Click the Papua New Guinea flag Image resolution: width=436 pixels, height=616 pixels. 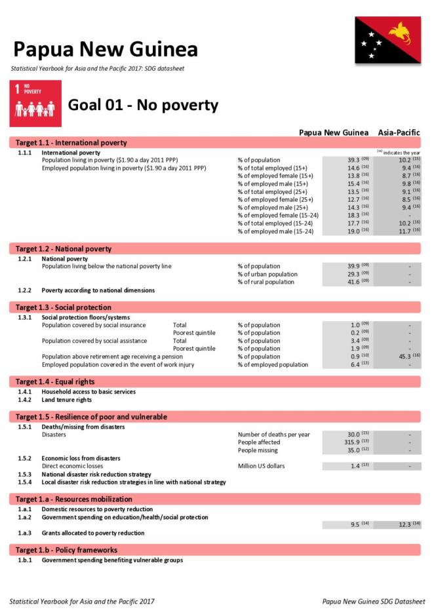coord(387,40)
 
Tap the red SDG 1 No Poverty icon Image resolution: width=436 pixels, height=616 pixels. coord(35,104)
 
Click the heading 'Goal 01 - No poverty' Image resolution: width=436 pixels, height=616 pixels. coord(143,106)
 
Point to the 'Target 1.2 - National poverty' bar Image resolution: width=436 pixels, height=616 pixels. coord(64,249)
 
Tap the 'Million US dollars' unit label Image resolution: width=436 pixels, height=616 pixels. coord(261,466)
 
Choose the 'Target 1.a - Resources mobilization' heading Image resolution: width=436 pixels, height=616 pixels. coord(74,499)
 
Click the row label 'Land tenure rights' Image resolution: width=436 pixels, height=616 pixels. coord(66,400)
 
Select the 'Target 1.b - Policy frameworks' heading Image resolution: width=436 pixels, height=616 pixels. coord(66,550)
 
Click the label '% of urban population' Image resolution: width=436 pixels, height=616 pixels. coord(268,274)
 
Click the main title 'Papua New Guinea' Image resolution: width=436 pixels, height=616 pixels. coord(105,49)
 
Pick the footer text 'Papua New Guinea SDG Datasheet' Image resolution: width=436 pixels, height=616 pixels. coord(373,602)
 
